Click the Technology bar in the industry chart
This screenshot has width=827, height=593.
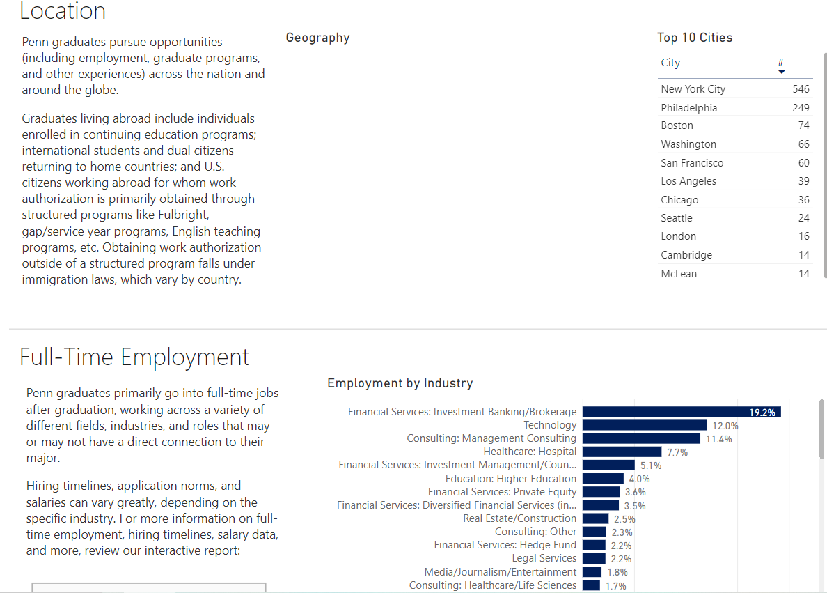point(645,425)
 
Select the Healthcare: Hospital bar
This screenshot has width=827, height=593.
point(622,452)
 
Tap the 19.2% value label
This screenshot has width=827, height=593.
point(762,413)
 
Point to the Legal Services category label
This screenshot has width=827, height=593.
point(544,558)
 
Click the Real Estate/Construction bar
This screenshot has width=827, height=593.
point(596,518)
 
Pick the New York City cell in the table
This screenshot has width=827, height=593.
point(693,89)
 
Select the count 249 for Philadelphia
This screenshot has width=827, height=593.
point(801,108)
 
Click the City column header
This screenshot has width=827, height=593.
point(670,63)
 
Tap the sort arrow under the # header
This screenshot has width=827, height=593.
point(781,71)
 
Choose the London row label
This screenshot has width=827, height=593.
point(678,236)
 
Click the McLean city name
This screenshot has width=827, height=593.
point(679,274)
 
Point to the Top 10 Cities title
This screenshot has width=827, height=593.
point(695,38)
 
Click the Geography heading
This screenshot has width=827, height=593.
point(317,38)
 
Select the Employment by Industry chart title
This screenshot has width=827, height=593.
point(400,383)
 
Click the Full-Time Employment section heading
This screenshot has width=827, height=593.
point(134,357)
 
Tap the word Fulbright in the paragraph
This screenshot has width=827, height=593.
point(183,215)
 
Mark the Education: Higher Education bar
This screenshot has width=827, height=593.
point(603,479)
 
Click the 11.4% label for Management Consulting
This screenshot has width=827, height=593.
point(718,439)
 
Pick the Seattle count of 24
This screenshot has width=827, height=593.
point(803,218)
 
